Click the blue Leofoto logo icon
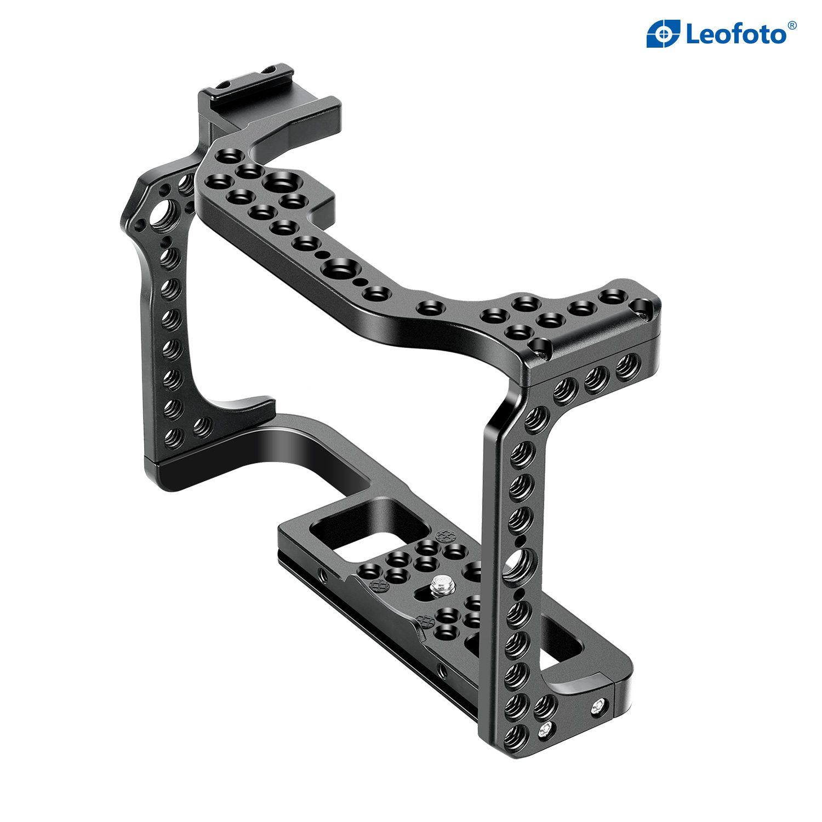coord(663,34)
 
